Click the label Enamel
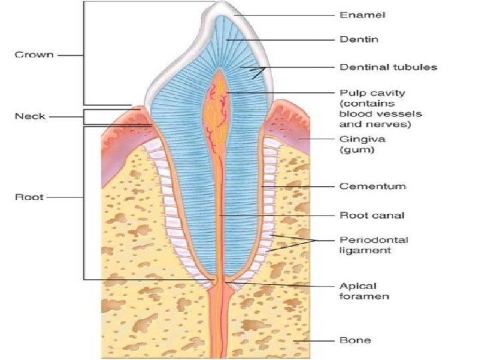pyautogui.click(x=363, y=14)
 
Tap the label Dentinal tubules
pyautogui.click(x=388, y=67)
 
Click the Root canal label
pyautogui.click(x=372, y=215)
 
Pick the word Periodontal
pyautogui.click(x=374, y=239)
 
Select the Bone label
pyautogui.click(x=355, y=340)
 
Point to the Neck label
pyautogui.click(x=29, y=116)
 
